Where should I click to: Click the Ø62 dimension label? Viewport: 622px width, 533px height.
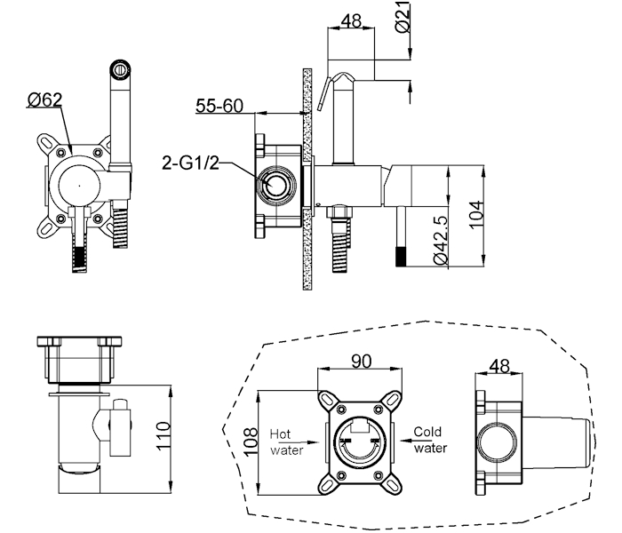point(44,99)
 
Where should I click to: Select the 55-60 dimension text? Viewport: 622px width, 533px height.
point(219,106)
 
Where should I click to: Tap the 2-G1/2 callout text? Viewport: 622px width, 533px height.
point(190,163)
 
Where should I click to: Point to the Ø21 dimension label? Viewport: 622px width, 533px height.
point(403,18)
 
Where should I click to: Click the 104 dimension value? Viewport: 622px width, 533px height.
point(476,215)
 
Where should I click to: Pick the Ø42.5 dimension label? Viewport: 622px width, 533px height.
point(441,240)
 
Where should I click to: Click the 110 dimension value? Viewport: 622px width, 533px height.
point(163,435)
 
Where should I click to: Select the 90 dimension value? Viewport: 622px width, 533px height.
point(362,361)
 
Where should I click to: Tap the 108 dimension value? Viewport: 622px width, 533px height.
point(251,442)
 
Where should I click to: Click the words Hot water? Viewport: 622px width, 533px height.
point(286,442)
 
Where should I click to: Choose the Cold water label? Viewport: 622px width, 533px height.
point(430,440)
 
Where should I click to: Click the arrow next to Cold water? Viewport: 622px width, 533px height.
point(406,441)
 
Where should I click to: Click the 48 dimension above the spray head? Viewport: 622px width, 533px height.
point(351,20)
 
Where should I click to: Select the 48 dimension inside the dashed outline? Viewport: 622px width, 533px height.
point(499,366)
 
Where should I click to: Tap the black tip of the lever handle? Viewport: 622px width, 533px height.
point(402,256)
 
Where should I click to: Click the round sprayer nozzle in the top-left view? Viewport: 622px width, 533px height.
point(120,69)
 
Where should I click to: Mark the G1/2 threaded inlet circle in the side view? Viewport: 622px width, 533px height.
point(275,185)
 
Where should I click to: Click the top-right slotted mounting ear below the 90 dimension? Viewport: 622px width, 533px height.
point(393,399)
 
